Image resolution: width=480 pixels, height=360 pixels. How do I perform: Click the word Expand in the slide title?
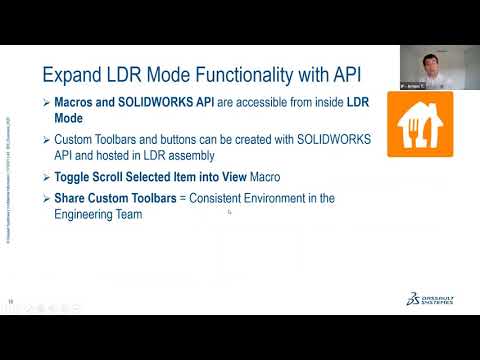(x=72, y=74)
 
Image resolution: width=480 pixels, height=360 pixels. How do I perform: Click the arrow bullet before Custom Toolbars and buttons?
(x=47, y=140)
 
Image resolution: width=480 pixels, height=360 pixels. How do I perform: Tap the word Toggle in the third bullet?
(x=76, y=177)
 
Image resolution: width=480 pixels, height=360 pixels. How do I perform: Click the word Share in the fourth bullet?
(x=73, y=198)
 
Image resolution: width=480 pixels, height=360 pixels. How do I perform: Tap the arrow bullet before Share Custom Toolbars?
(x=47, y=198)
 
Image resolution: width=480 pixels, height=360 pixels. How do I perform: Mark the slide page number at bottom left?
(x=11, y=301)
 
